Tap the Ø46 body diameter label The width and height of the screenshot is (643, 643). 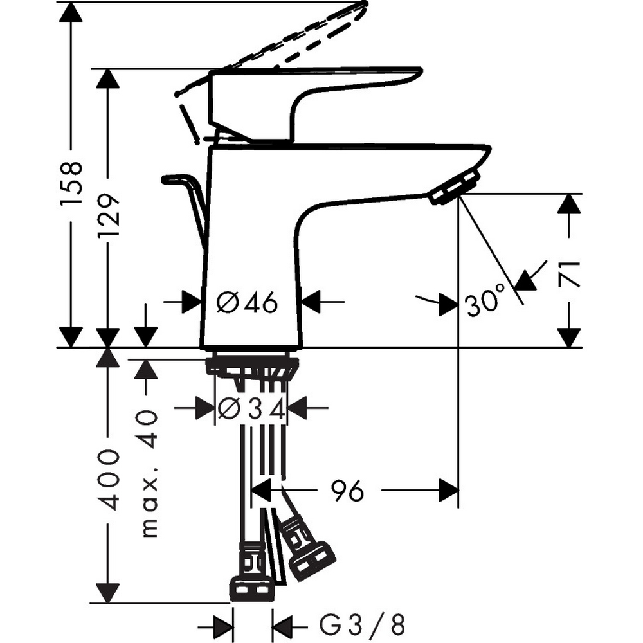247,302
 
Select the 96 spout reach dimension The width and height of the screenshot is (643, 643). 347,492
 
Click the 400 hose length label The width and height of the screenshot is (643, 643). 107,480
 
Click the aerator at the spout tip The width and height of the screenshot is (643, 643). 455,186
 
